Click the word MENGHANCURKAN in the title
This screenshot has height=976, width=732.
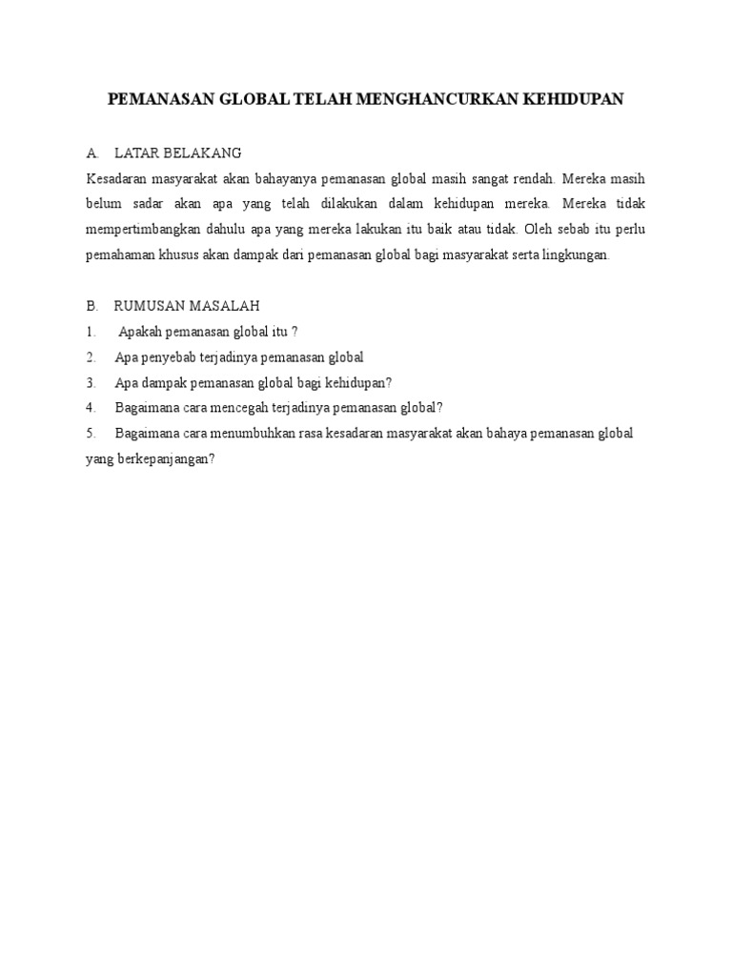tap(437, 98)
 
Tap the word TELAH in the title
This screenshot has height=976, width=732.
tap(324, 98)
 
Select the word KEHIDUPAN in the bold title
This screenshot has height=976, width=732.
tap(573, 98)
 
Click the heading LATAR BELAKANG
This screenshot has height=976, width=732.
tap(177, 152)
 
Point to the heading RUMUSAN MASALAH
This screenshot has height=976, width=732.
tap(186, 305)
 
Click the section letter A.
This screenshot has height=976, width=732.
tap(91, 152)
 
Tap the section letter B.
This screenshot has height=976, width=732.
tap(91, 305)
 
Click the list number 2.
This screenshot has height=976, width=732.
tap(91, 356)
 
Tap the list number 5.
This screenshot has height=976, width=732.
tap(91, 433)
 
